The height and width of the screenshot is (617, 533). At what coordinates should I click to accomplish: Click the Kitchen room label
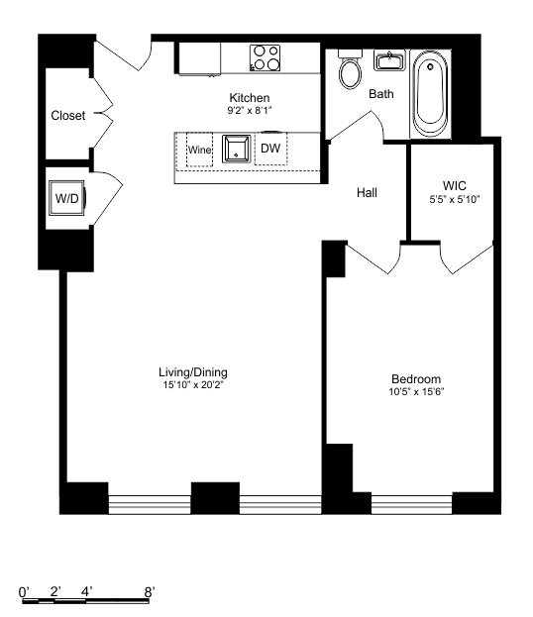tap(249, 97)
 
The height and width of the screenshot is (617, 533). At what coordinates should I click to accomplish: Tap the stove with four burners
tap(265, 57)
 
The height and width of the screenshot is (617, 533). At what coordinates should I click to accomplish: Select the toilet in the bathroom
tap(350, 72)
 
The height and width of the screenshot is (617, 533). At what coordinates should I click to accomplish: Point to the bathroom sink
tap(387, 61)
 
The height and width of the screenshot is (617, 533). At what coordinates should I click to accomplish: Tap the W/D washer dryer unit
tap(67, 198)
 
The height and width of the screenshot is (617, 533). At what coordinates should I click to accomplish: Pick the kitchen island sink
tap(236, 150)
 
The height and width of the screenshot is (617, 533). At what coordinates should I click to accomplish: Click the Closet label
tap(67, 116)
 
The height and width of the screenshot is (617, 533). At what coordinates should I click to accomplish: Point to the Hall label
tap(367, 193)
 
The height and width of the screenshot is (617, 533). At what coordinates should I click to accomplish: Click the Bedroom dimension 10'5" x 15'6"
tap(416, 392)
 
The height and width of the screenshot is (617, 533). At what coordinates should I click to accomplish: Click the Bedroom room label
tap(416, 379)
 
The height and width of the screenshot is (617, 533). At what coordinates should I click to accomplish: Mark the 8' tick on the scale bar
tap(150, 591)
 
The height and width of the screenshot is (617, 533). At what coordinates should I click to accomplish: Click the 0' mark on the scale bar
tap(25, 591)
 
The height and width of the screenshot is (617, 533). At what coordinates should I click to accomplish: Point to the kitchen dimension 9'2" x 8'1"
tap(249, 109)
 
